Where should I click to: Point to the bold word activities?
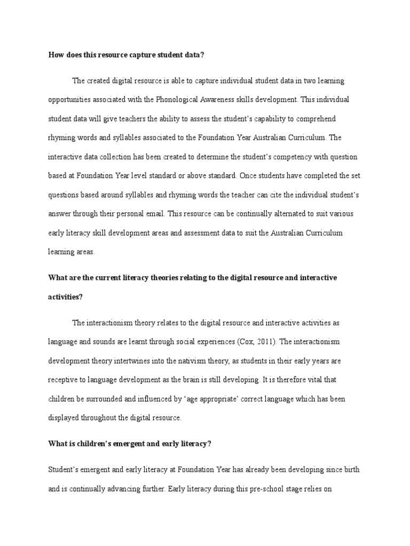tap(65, 297)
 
